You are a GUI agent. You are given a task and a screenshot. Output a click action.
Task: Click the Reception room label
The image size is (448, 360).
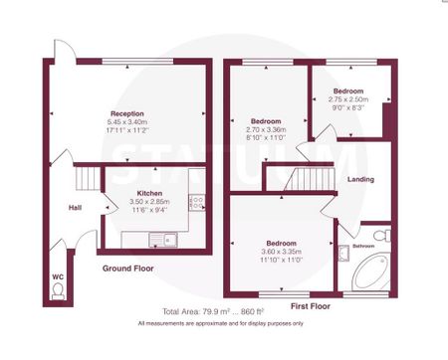pyautogui.click(x=127, y=114)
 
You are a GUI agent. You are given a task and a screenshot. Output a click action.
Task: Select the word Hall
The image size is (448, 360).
pyautogui.click(x=74, y=208)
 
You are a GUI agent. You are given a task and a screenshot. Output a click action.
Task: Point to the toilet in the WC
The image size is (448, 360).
pyautogui.click(x=57, y=288)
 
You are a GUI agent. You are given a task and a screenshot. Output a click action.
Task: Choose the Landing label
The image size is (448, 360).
pyautogui.click(x=361, y=179)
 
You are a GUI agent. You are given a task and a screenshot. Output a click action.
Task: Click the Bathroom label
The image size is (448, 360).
pyautogui.click(x=363, y=245)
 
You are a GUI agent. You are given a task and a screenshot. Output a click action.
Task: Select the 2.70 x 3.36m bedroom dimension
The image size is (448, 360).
pyautogui.click(x=266, y=128)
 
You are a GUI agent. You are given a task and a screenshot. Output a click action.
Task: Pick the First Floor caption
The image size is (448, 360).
pyautogui.click(x=311, y=306)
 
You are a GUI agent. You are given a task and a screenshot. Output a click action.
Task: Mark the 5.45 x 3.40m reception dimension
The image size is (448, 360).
pyautogui.click(x=127, y=122)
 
